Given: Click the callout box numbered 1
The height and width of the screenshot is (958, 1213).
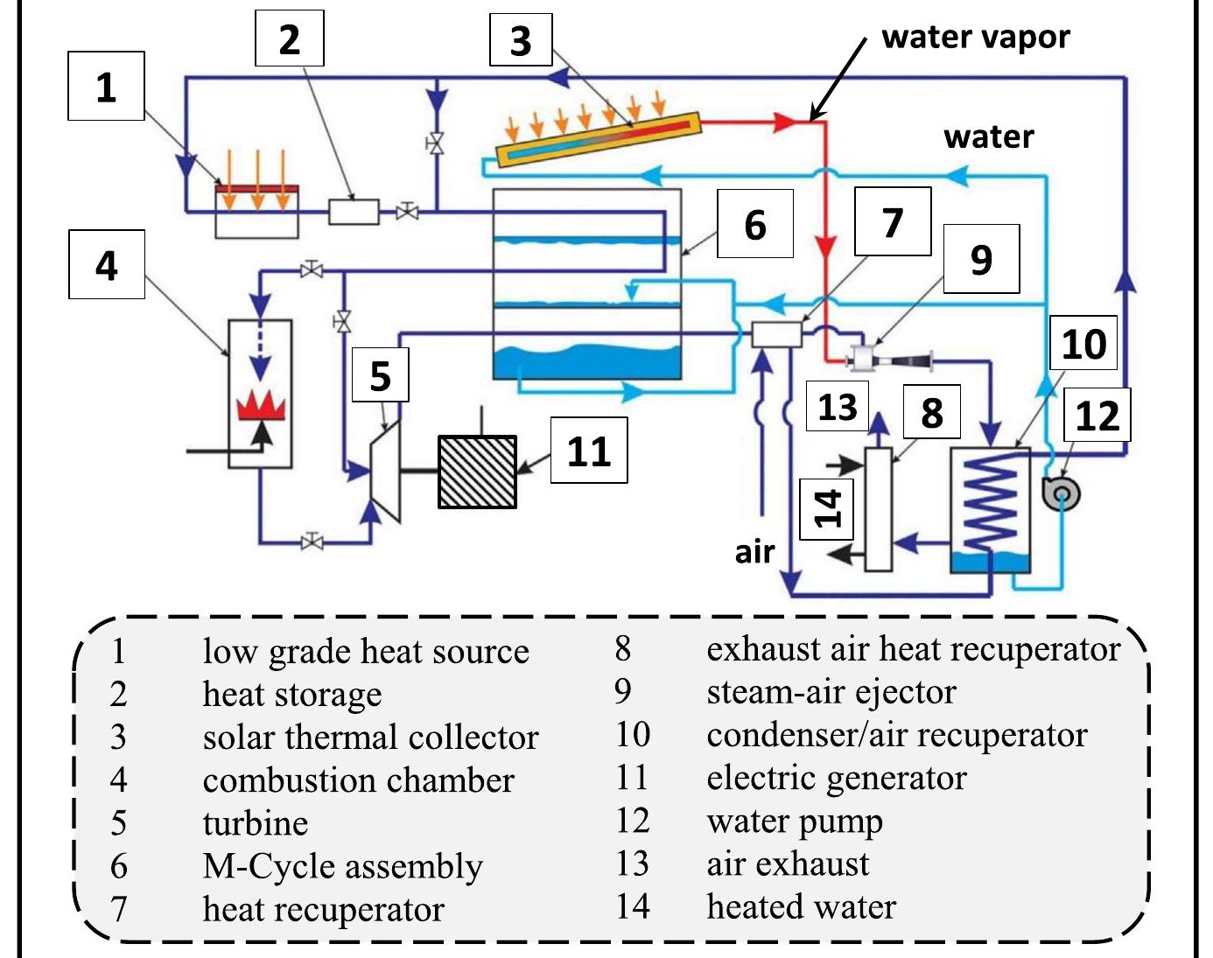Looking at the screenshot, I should (x=106, y=87).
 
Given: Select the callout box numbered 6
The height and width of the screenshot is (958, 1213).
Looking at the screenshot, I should (x=754, y=224).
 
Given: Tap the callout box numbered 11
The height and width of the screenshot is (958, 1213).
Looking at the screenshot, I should (x=588, y=451).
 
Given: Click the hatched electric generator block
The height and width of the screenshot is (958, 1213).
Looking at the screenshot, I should (x=477, y=472).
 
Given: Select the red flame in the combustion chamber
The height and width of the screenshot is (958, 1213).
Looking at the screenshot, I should (x=261, y=405).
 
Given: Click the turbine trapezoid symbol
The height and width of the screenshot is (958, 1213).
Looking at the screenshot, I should (x=386, y=472).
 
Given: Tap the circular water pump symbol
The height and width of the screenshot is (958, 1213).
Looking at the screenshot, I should (x=1061, y=493).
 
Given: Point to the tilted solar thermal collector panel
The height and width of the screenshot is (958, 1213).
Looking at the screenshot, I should (x=599, y=138).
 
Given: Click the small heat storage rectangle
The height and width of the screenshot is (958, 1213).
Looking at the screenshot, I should (x=354, y=212).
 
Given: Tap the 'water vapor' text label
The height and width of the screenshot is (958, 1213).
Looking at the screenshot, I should (x=975, y=37).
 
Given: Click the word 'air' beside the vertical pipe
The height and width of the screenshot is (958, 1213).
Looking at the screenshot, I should (x=754, y=551).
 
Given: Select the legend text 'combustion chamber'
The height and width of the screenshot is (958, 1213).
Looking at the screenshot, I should (x=358, y=780).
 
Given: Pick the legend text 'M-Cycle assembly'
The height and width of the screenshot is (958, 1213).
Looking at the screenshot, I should (x=342, y=865).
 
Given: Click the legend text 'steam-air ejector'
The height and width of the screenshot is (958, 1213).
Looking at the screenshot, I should (x=831, y=691).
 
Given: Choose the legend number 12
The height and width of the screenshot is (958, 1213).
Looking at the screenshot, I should (x=632, y=820).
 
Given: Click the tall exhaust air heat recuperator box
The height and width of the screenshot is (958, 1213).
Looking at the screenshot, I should (x=878, y=508).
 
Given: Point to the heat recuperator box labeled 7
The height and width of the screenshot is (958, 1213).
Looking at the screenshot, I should (x=775, y=334).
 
